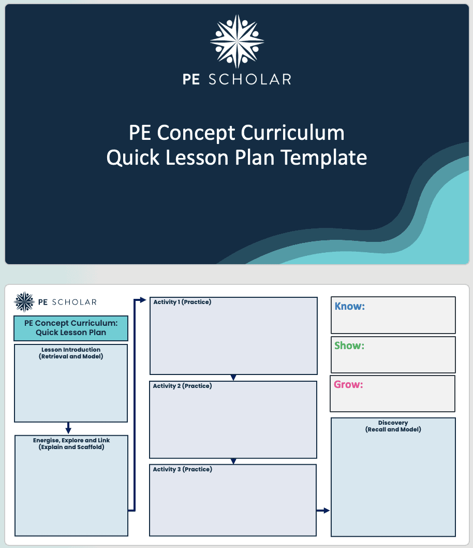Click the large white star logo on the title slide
[x=237, y=41]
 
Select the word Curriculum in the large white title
[x=292, y=133]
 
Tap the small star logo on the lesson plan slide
[x=24, y=301]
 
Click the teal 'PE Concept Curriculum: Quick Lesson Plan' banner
[x=71, y=328]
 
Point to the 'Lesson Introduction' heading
[x=71, y=350]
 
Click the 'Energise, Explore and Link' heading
[x=71, y=440]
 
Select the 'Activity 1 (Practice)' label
[x=182, y=302]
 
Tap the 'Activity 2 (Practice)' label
[x=182, y=386]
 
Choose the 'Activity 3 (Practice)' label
[x=182, y=469]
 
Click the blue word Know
[x=349, y=306]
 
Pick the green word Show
[x=349, y=345]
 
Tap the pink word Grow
[x=348, y=384]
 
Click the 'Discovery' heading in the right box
[x=393, y=423]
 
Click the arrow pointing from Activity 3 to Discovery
[x=323, y=511]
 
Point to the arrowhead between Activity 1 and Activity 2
[x=233, y=378]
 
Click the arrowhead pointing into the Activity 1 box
[x=143, y=300]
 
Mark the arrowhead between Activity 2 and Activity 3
[x=233, y=462]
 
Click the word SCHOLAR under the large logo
[x=250, y=79]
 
